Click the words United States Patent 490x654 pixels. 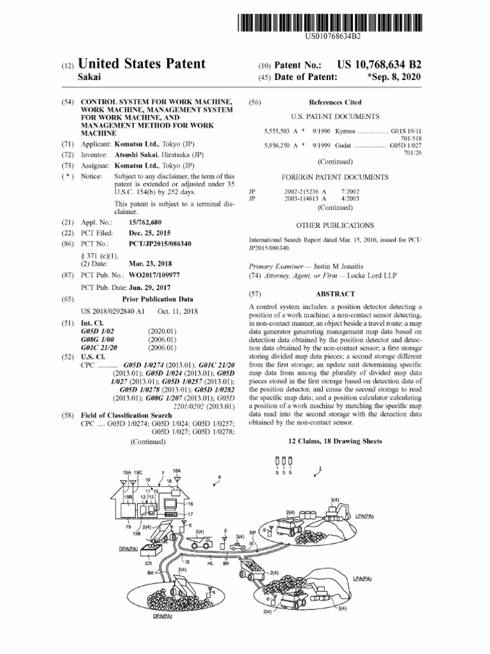141,64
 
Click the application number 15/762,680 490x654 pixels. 150,221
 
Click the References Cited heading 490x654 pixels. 334,102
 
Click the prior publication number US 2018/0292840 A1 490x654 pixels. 114,311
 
